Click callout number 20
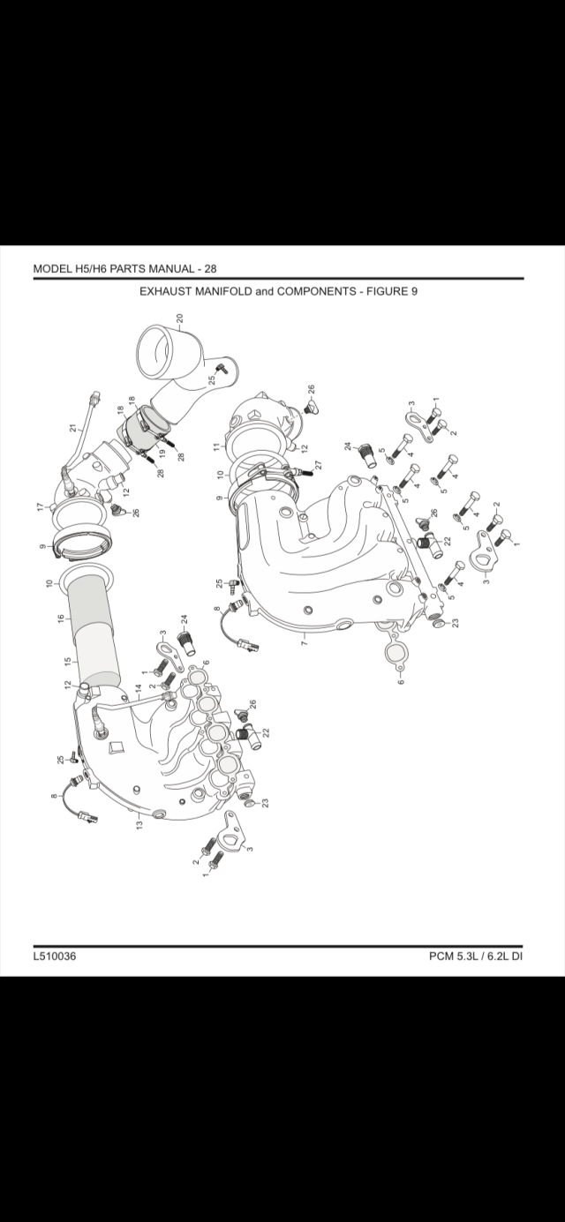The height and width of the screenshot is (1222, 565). tap(179, 318)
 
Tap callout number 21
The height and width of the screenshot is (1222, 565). tap(73, 428)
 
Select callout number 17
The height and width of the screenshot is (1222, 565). tap(40, 506)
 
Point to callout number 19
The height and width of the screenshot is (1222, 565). tap(162, 453)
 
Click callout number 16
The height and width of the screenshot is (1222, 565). tap(61, 618)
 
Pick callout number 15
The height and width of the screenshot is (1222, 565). tap(68, 661)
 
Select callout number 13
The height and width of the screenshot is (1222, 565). tap(139, 825)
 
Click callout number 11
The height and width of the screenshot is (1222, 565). tap(216, 446)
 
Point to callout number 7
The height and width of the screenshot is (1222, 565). tap(305, 641)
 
